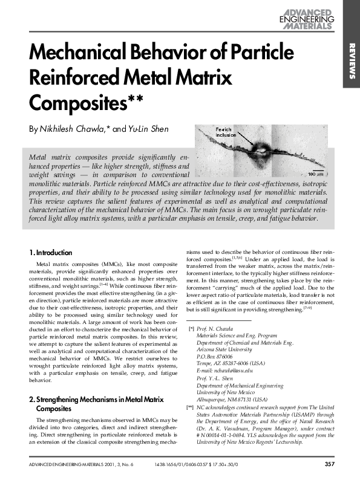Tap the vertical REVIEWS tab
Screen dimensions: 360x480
[351, 61]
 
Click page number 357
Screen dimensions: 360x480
[329, 464]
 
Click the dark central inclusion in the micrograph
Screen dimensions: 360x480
[266, 148]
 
